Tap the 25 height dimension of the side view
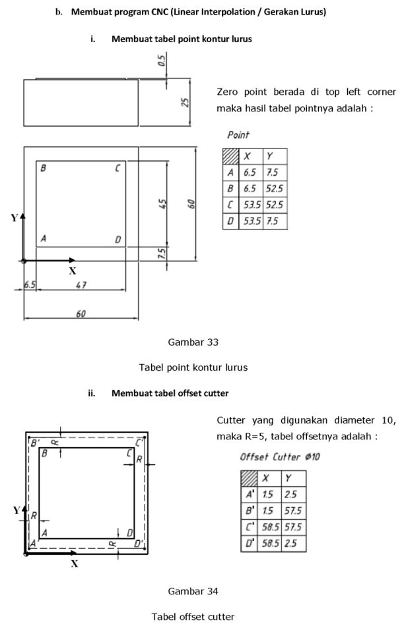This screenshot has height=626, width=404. coord(185,103)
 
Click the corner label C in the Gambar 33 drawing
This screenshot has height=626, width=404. coord(118,169)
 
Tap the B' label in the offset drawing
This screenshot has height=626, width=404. coord(35,443)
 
